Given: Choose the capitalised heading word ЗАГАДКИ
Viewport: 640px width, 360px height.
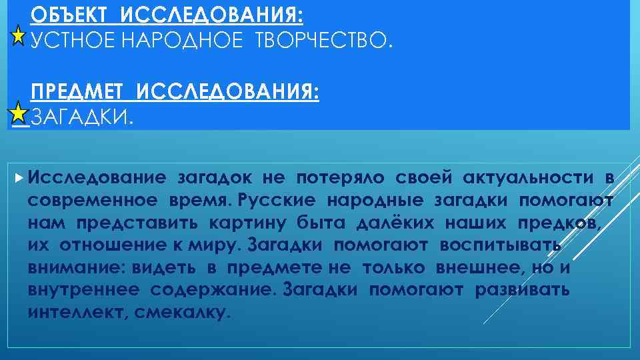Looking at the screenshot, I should point(82,118).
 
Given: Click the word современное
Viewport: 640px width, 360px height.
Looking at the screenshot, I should point(93,200).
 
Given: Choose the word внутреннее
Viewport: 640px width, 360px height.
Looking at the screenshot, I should point(84,290).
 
